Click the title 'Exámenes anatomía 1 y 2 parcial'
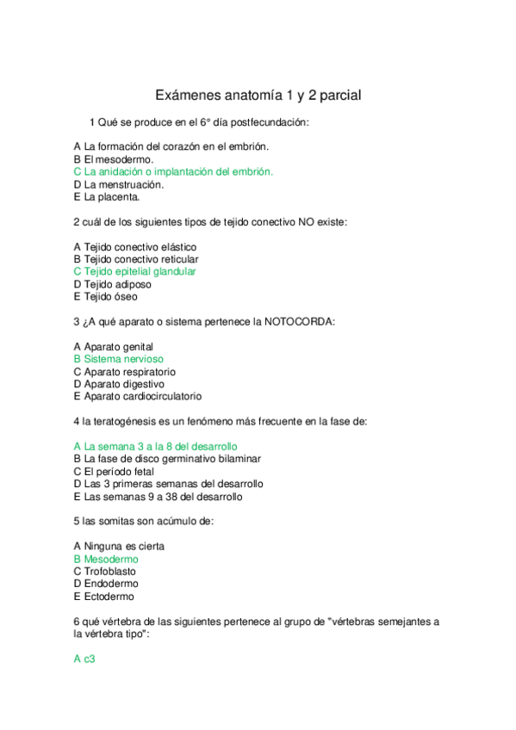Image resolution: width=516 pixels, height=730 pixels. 258,96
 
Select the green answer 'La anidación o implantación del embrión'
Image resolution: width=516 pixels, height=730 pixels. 173,171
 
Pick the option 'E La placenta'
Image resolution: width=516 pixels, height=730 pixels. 107,196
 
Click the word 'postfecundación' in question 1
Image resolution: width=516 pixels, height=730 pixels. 269,122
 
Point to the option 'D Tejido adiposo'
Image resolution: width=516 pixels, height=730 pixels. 112,284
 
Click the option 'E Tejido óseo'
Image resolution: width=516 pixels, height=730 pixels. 105,296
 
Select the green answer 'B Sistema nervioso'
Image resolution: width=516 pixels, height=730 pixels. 118,359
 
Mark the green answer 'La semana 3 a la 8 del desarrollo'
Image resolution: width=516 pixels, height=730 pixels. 155,447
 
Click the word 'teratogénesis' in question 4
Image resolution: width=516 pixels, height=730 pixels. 127,421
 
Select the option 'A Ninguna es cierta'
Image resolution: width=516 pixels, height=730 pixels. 119,546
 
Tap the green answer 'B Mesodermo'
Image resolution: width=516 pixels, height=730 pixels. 106,559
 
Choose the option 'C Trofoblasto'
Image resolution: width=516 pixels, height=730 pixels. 108,571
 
